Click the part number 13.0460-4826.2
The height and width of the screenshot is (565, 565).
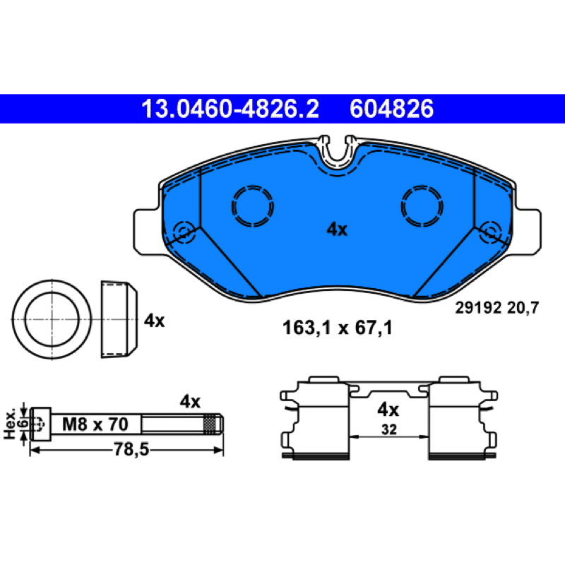(230, 109)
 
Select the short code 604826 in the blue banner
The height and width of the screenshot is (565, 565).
(391, 109)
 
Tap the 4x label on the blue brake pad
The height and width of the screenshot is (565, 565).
(337, 229)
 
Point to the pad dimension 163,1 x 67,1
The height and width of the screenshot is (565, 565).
(338, 328)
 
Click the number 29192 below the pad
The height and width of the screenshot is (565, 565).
(478, 308)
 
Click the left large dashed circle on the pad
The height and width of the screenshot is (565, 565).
(253, 206)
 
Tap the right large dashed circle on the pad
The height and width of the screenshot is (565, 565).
(422, 206)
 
